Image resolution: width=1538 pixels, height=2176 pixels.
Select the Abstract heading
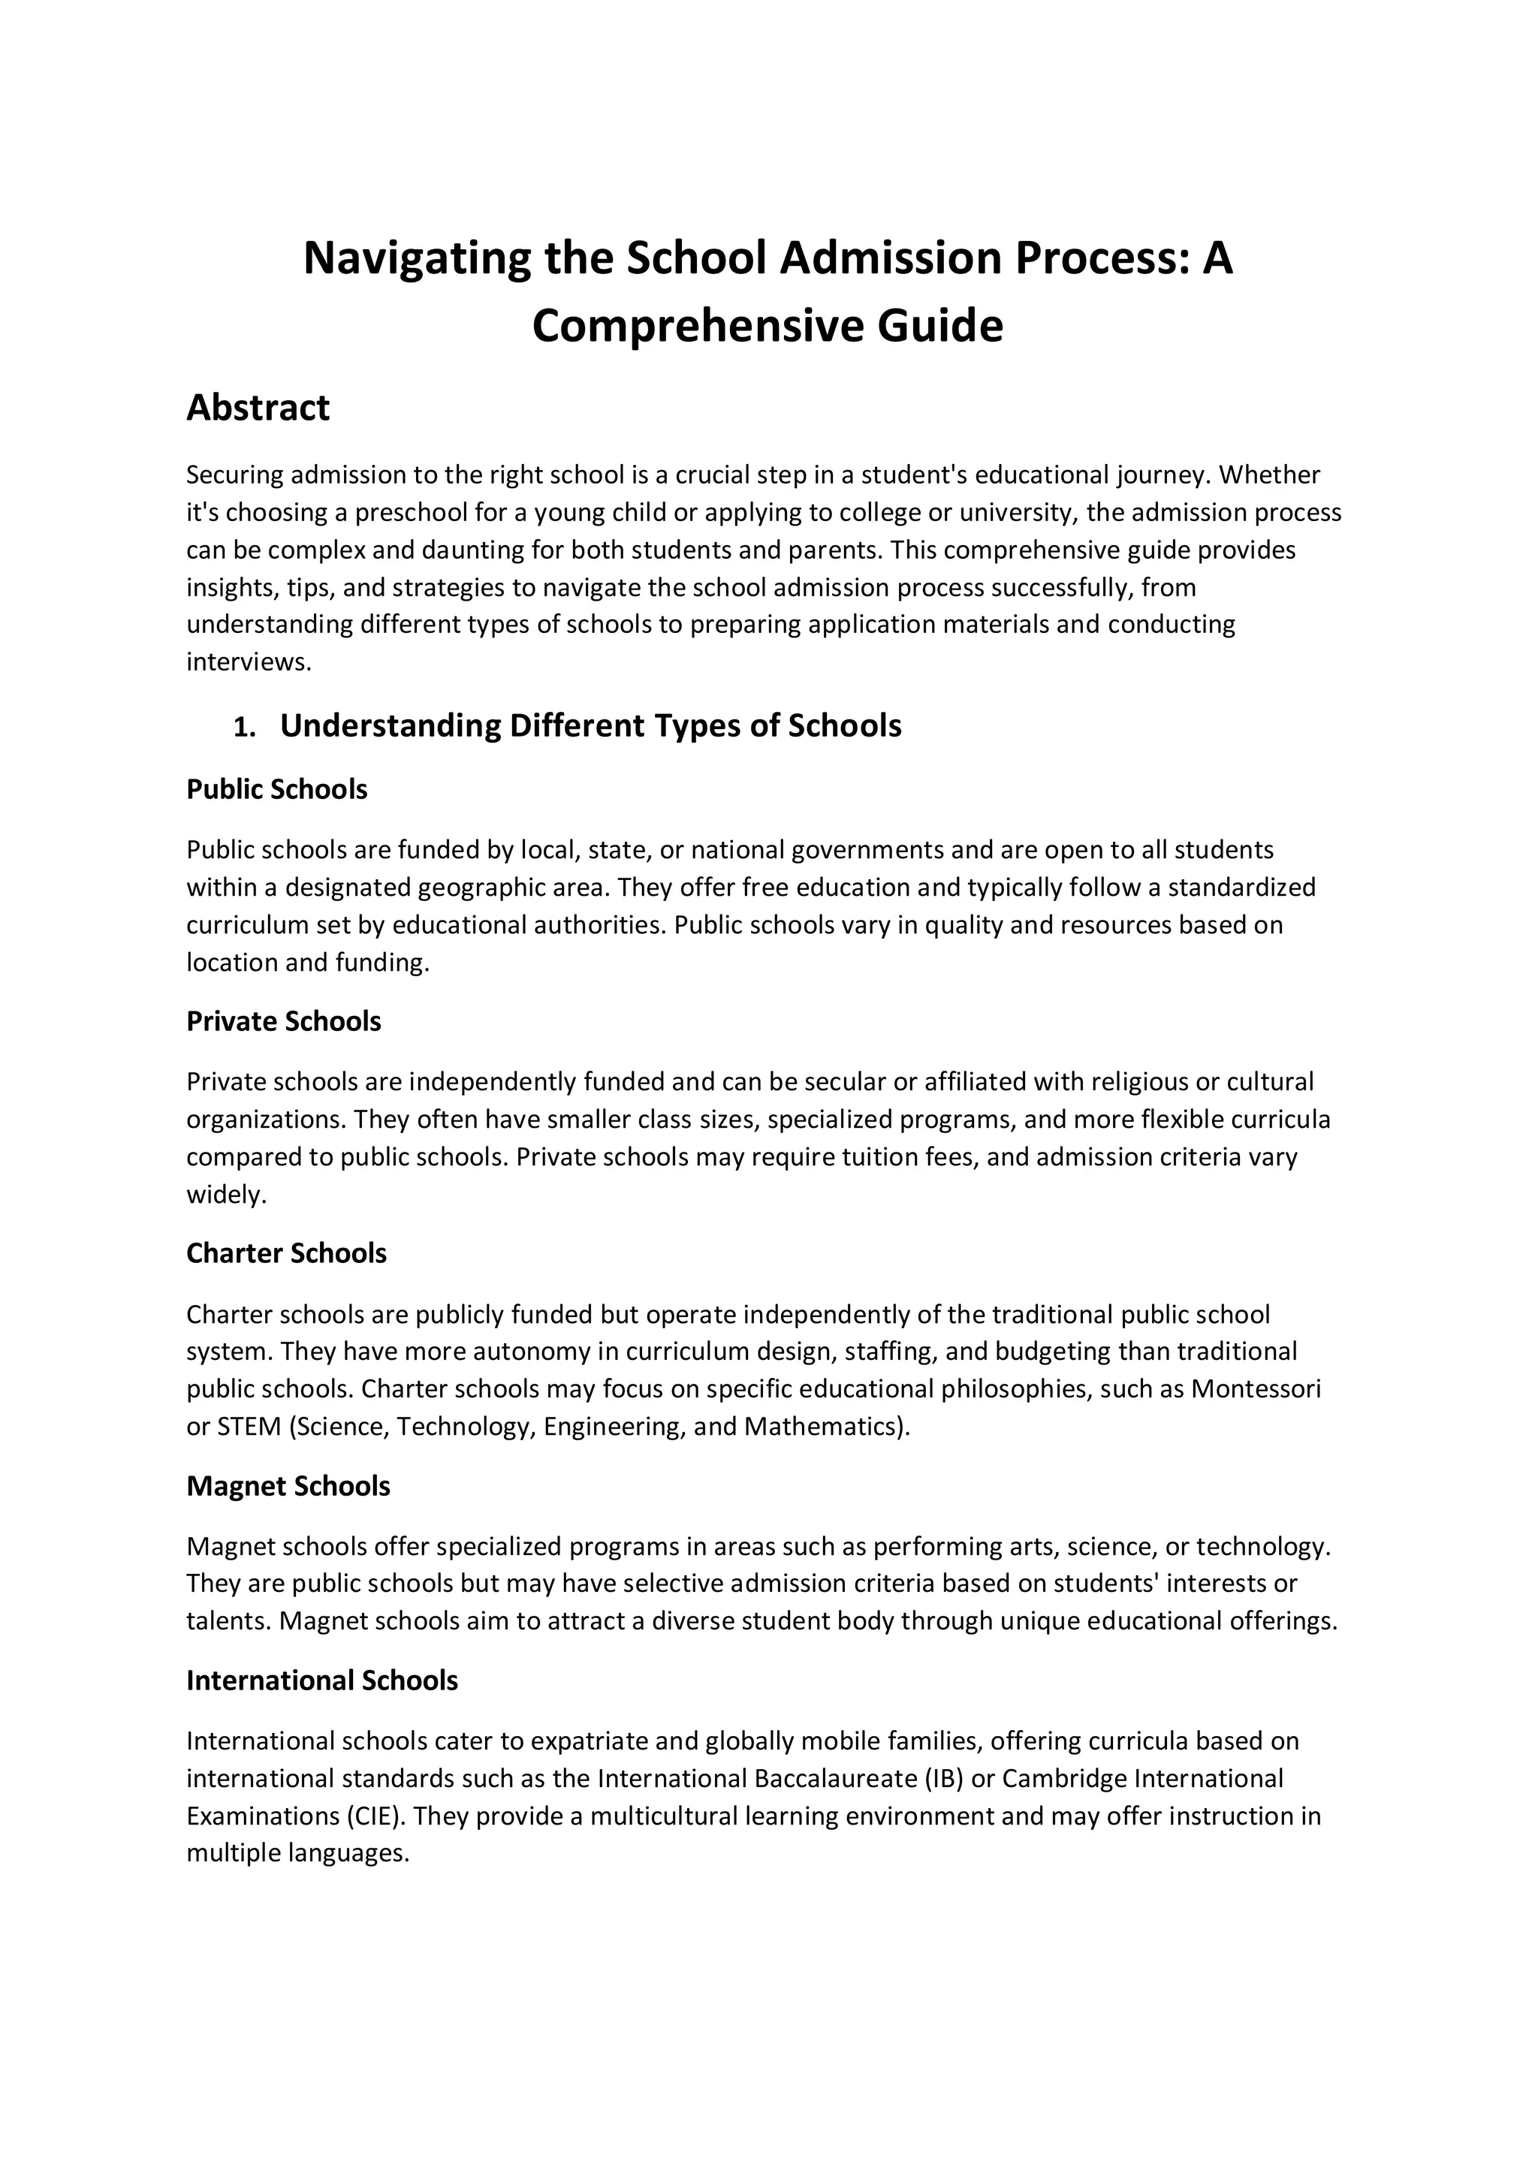click(258, 408)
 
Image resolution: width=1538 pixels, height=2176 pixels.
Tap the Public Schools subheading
click(276, 789)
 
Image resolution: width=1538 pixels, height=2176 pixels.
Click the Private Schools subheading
click(283, 1022)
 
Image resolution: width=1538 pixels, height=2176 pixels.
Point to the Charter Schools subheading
click(286, 1254)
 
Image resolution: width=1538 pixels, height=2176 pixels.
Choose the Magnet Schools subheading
click(288, 1486)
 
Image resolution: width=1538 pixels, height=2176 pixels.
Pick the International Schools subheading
click(322, 1680)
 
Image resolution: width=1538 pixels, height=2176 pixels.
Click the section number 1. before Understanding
click(245, 728)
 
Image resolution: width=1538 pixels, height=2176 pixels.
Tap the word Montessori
click(1256, 1388)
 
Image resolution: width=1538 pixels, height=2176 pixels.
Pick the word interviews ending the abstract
click(246, 662)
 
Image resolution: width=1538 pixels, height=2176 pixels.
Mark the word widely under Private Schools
click(227, 1195)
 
